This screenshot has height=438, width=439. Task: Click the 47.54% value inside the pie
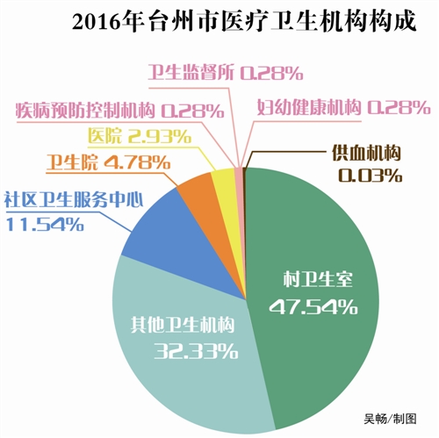point(320,306)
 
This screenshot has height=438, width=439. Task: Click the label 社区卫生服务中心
point(74,198)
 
